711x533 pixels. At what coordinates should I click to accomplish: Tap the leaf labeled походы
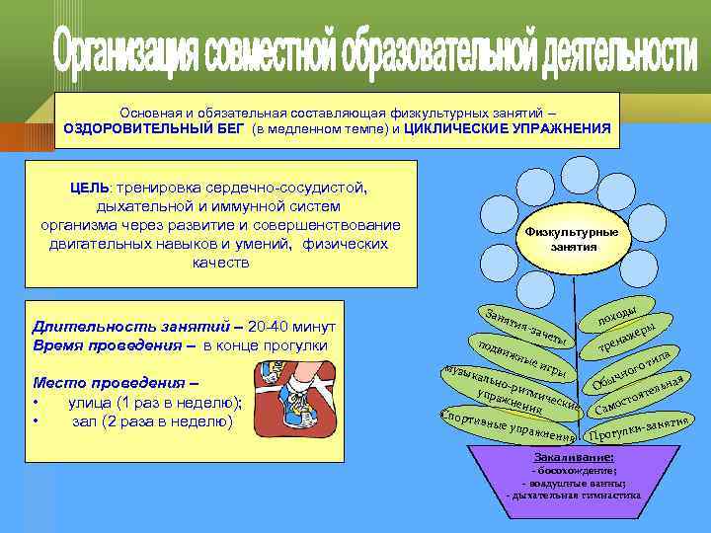coord(622,310)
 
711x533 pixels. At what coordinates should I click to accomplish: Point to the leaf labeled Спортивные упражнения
coord(508,425)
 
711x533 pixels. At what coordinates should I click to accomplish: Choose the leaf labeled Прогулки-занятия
coord(637,428)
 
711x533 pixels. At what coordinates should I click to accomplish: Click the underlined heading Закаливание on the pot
coord(574,458)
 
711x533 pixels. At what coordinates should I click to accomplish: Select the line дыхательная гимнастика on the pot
coord(574,495)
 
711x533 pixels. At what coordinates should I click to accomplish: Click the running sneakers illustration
coord(296,404)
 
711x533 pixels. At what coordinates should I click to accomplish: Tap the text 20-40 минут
coord(292,327)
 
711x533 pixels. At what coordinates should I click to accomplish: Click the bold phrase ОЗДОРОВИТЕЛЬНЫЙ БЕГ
coord(155,129)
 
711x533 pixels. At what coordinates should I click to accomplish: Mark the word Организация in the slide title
coord(134,55)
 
